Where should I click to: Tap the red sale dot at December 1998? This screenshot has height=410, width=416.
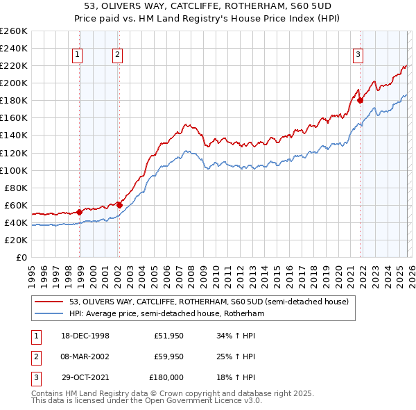(80, 212)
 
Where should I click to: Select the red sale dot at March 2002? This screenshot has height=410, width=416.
(119, 205)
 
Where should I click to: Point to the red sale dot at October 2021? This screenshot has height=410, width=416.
(361, 100)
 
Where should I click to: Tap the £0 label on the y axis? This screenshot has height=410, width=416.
(21, 258)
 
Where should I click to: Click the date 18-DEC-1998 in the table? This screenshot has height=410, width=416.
(85, 336)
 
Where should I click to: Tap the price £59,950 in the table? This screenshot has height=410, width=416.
(169, 356)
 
